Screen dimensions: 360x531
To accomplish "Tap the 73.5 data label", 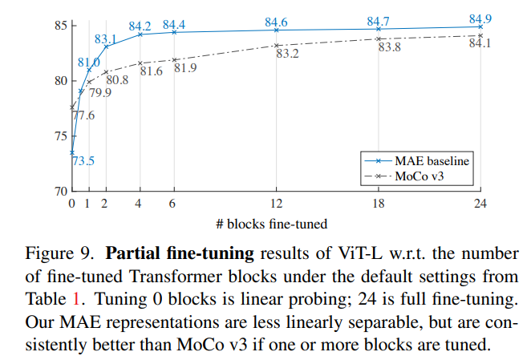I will tap(83, 161).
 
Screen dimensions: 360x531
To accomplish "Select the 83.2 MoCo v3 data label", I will tap(287, 54).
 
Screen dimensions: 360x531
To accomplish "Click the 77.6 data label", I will tap(83, 115).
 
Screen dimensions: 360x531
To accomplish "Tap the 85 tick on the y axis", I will tap(61, 26).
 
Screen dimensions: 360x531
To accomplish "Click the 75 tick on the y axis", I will tap(61, 136).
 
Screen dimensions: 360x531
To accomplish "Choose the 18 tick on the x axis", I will tap(378, 204).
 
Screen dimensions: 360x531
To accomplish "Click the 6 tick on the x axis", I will tap(174, 204).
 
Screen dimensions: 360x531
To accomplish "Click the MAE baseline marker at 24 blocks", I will tap(480, 26).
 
